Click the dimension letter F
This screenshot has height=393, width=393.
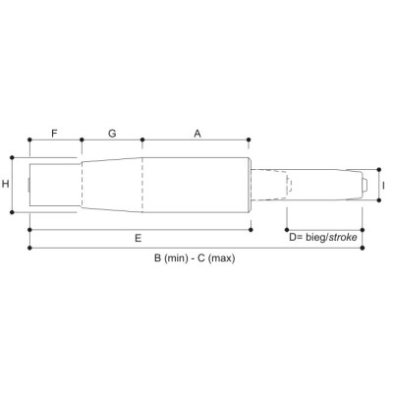54,134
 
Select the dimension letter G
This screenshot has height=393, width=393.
112,134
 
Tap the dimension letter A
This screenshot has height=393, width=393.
197,134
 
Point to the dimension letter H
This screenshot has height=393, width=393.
6,184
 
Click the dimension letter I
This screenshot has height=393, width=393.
383,186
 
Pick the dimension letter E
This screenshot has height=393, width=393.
139,238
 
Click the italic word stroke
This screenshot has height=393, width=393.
343,237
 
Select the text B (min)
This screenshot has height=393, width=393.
171,258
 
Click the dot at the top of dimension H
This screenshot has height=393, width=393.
12,157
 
